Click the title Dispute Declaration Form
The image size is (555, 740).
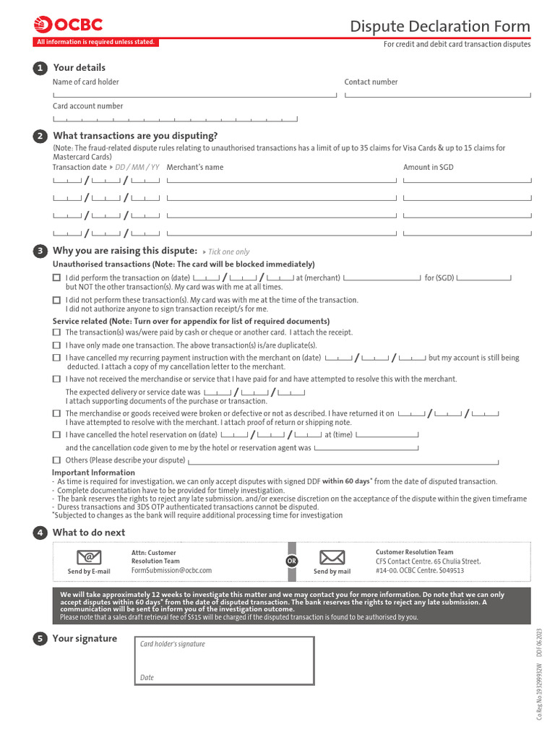439,27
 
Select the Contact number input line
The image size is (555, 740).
437,94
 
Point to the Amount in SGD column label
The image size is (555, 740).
428,168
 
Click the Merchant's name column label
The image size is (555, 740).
194,168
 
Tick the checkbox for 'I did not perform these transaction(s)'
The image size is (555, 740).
56,300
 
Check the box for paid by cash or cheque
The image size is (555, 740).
56,332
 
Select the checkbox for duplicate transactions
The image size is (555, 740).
56,345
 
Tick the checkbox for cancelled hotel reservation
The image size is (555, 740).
56,435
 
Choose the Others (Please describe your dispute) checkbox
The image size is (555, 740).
56,460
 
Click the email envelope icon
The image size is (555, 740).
89,557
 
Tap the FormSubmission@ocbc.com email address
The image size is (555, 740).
171,570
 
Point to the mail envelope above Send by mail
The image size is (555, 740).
332,557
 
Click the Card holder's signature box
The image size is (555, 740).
224,661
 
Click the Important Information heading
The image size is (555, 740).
93,473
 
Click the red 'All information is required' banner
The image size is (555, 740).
95,42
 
